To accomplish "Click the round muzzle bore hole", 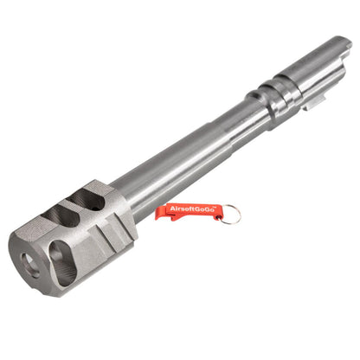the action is coord(30,265).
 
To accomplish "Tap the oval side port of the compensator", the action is coord(62,263).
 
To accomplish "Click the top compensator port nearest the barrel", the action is coord(87,200).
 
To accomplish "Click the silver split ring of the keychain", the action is coord(232,214).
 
